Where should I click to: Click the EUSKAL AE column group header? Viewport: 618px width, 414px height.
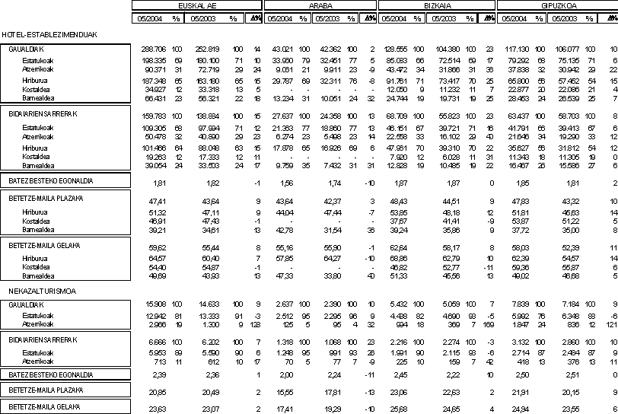pyautogui.click(x=196, y=5)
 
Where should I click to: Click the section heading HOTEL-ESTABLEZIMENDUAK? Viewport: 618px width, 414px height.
pyautogui.click(x=37, y=35)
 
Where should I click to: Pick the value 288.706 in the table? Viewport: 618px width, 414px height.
pyautogui.click(x=154, y=48)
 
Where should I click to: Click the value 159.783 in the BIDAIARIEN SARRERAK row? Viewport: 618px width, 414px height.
pyautogui.click(x=154, y=115)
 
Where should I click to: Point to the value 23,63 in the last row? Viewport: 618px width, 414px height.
pyautogui.click(x=158, y=407)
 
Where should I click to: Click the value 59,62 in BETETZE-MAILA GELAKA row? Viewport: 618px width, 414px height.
pyautogui.click(x=158, y=247)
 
